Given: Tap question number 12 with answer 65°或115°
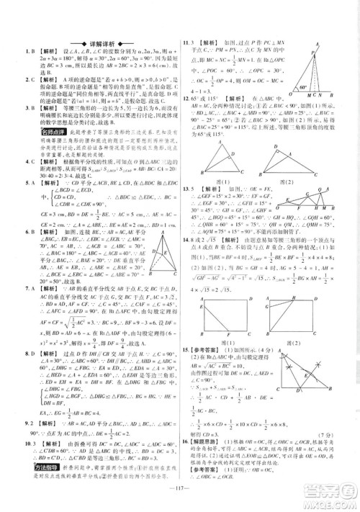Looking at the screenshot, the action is tap(186, 96).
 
